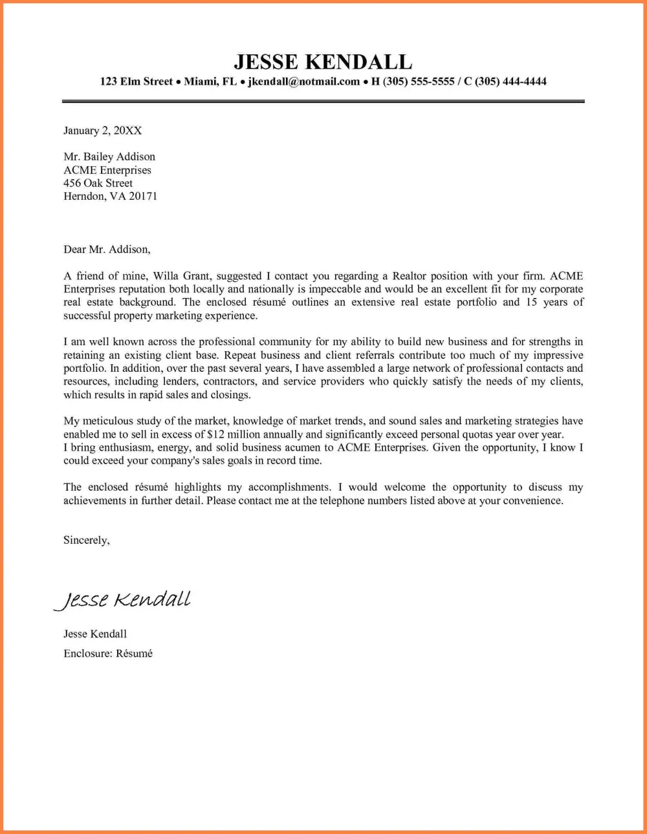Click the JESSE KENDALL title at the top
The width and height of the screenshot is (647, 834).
(x=323, y=61)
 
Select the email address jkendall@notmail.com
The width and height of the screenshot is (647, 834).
(x=304, y=81)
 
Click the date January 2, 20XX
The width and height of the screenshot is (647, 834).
(x=102, y=131)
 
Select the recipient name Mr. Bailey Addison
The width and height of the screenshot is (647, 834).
(x=109, y=156)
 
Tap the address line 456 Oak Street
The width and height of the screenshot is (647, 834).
(x=98, y=183)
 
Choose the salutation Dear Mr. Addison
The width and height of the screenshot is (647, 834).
(x=107, y=249)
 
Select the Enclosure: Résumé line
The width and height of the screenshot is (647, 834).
(x=108, y=654)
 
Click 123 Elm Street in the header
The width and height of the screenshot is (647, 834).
(x=137, y=81)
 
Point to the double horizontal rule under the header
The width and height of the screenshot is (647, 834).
(x=323, y=102)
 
